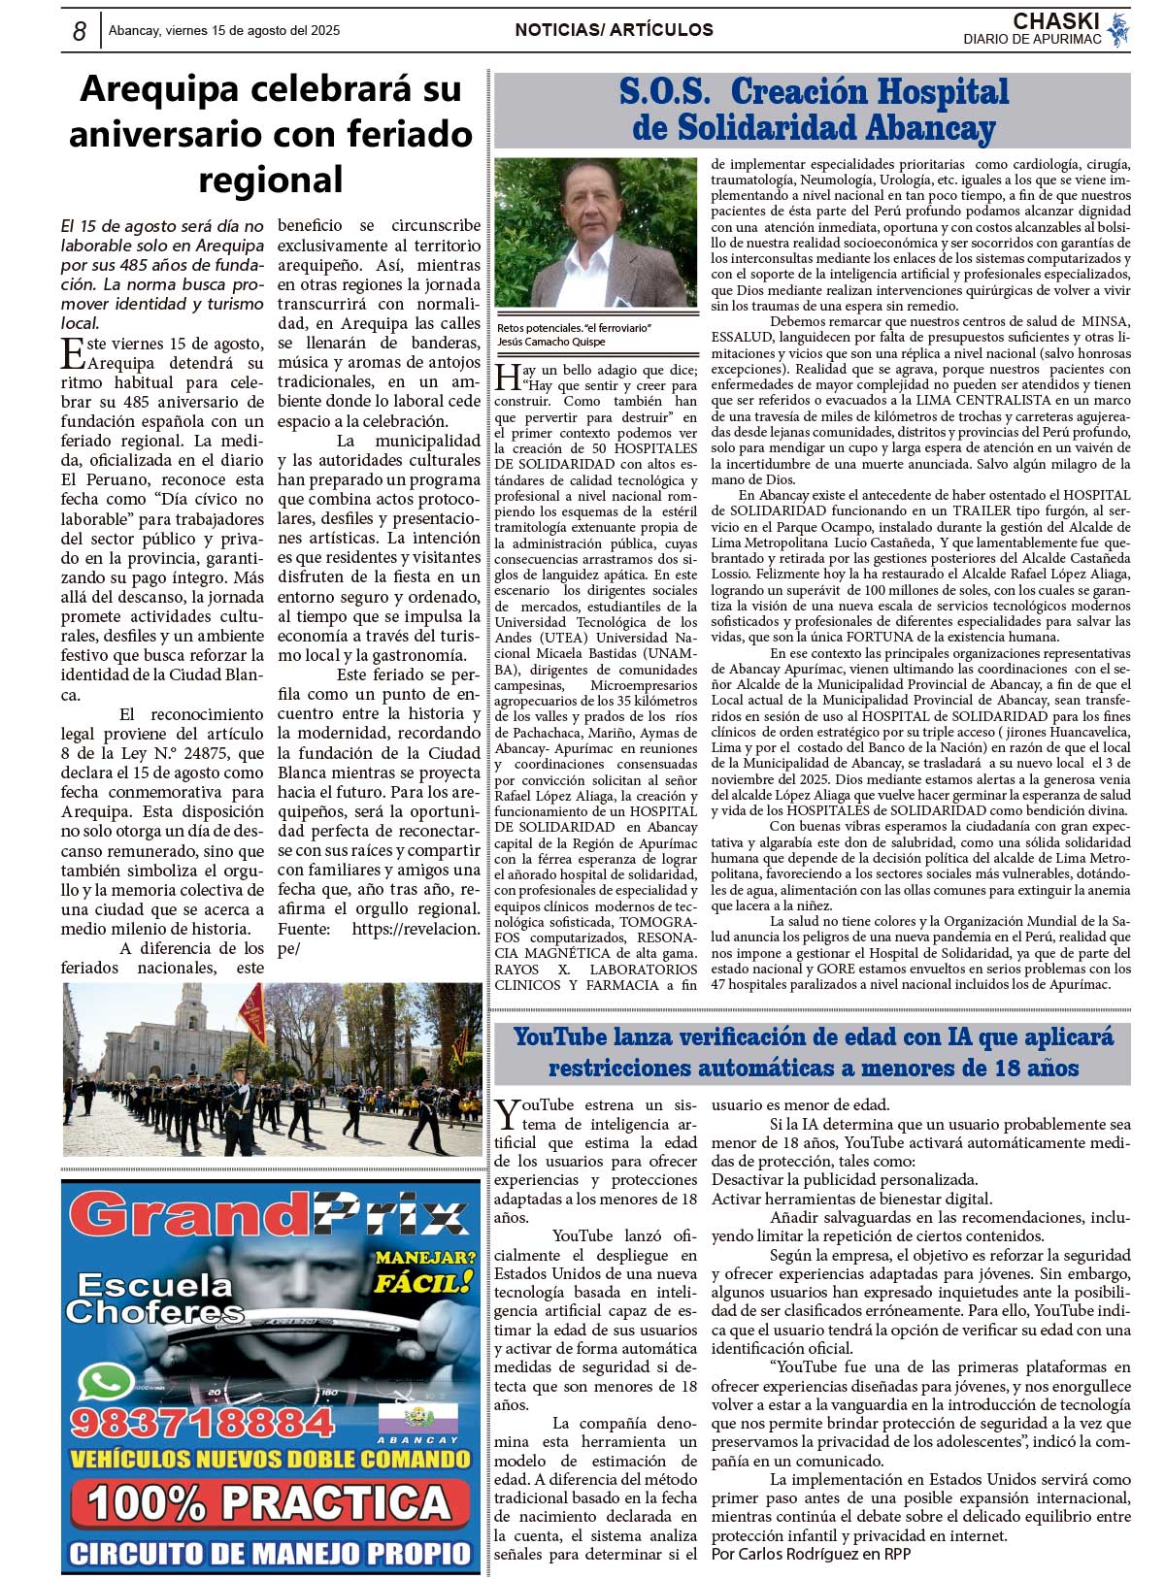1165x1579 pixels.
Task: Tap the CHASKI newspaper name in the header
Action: tap(1055, 21)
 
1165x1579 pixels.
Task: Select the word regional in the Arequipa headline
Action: tap(270, 180)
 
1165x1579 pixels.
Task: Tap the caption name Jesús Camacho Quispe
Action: tap(550, 342)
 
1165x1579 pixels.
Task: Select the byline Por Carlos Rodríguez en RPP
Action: tap(811, 1554)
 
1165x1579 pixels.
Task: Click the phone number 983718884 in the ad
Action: tap(202, 1423)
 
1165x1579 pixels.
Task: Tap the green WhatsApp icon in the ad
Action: tap(105, 1382)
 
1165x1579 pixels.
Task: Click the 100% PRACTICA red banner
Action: tap(270, 1503)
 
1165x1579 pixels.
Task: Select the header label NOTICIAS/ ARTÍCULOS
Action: tap(614, 30)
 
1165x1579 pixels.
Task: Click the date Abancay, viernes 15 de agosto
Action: tap(224, 31)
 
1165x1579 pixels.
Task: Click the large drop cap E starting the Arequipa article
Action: tap(73, 354)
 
